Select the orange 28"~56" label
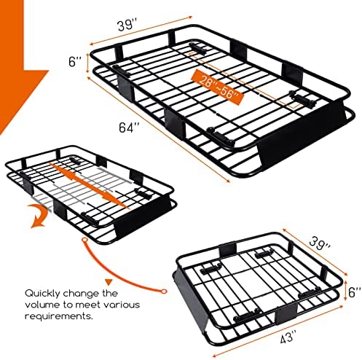[x=218, y=87]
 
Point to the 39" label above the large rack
[x=127, y=26]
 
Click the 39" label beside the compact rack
[x=320, y=243]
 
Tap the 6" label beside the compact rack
[x=355, y=292]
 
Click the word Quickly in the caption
[x=42, y=294]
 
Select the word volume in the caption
[x=41, y=305]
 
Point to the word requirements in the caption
[x=59, y=316]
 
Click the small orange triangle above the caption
[x=109, y=282]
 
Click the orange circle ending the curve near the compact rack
[x=164, y=291]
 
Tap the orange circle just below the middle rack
[x=84, y=240]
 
